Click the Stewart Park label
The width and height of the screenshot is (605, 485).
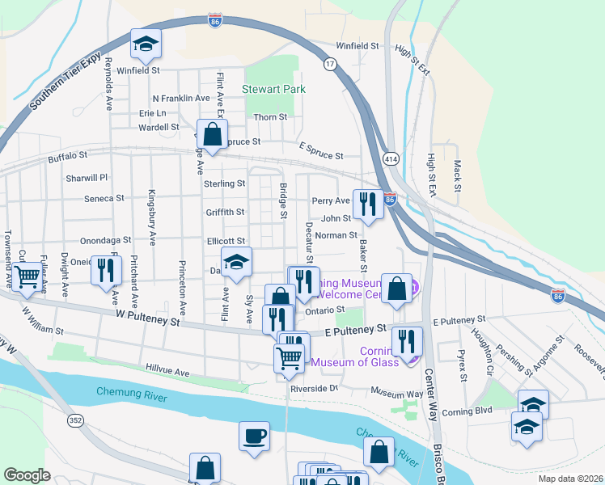click(273, 89)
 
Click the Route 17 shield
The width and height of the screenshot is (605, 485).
click(330, 63)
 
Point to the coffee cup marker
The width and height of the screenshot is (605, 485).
click(254, 435)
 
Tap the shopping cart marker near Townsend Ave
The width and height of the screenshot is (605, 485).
click(27, 276)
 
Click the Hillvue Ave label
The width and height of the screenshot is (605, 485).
click(167, 372)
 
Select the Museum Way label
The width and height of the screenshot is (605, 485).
click(397, 393)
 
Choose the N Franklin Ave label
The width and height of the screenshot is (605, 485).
click(181, 98)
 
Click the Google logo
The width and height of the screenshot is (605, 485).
click(27, 475)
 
